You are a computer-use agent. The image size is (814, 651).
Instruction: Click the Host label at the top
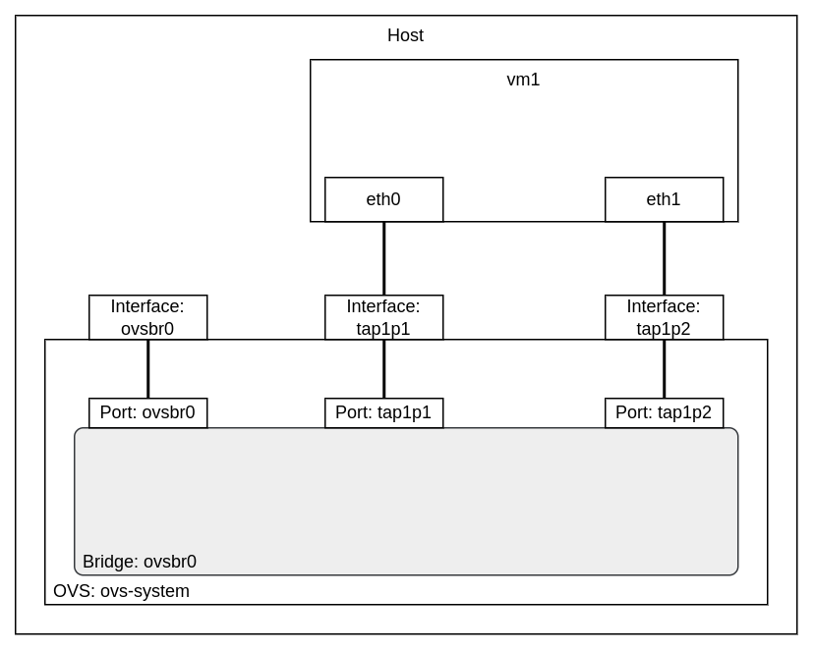pos(405,36)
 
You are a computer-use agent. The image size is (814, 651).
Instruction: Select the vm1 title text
pos(523,81)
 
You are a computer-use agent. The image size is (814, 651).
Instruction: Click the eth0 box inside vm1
pos(383,199)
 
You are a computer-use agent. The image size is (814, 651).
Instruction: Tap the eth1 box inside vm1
pos(664,199)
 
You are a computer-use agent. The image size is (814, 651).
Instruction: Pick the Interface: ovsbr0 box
pos(147,317)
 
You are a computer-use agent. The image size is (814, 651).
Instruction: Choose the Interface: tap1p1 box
pos(383,317)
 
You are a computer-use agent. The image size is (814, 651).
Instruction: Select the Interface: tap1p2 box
pos(664,317)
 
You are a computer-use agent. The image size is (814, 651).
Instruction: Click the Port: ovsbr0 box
pos(147,412)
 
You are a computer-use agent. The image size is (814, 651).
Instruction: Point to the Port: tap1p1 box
pos(383,412)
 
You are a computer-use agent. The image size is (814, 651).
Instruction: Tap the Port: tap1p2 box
pos(664,412)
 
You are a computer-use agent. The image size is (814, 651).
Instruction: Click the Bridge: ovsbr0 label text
pos(140,562)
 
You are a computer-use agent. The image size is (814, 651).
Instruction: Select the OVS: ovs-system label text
pos(121,591)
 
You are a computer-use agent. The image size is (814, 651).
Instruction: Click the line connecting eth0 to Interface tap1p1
pos(383,258)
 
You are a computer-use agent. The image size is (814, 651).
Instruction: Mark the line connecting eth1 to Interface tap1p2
pos(664,258)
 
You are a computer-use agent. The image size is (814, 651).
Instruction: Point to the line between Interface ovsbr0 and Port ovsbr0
pos(147,368)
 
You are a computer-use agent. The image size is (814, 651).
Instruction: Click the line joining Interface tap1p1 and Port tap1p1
pos(383,368)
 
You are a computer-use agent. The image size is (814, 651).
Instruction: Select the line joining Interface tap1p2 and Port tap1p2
pos(664,368)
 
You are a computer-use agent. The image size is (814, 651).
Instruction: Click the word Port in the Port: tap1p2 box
pos(632,412)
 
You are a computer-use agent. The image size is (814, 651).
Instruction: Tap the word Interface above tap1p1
pos(383,306)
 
